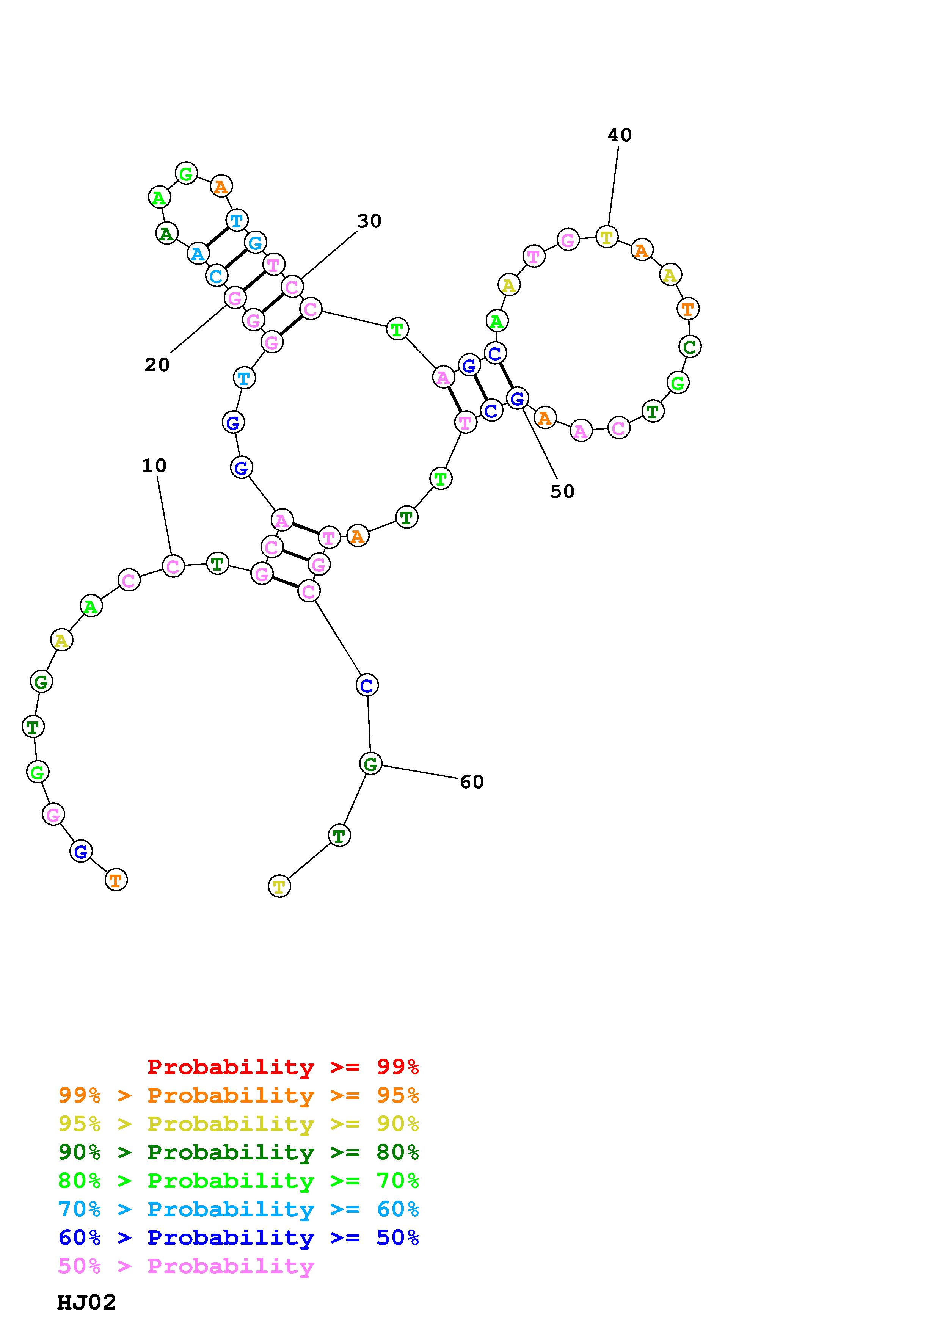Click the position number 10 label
[154, 465]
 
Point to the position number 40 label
[619, 135]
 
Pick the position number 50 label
[562, 491]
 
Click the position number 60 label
[471, 782]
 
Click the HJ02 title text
[87, 1302]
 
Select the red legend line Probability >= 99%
[283, 1067]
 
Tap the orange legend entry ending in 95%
[239, 1095]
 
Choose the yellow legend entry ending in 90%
[239, 1124]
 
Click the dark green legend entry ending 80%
[239, 1152]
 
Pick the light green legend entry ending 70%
[239, 1181]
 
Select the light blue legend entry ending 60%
[239, 1209]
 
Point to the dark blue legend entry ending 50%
[239, 1237]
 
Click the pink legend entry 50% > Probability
[187, 1266]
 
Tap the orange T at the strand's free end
[116, 880]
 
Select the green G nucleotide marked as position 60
[371, 764]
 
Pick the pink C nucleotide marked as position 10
[173, 566]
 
